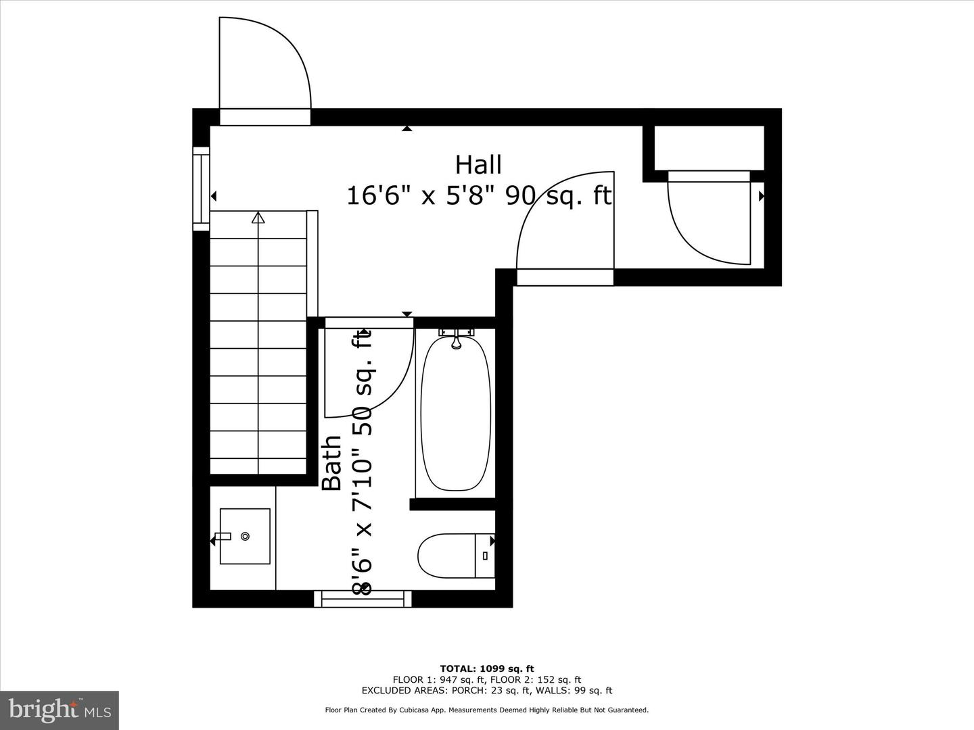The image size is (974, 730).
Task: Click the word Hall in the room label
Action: [478, 165]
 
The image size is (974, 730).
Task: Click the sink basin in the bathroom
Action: [245, 536]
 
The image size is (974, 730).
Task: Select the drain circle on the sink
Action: [245, 536]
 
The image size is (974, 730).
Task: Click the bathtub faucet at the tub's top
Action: [457, 338]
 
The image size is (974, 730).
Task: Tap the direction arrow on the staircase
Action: [258, 218]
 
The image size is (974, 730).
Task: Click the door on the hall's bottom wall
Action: [565, 226]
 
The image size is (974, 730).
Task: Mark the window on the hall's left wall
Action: [201, 189]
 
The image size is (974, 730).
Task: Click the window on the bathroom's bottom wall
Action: [363, 598]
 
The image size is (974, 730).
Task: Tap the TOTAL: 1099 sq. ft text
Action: [486, 668]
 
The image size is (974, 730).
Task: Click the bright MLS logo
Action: [60, 710]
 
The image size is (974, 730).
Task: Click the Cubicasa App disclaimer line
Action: [486, 710]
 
